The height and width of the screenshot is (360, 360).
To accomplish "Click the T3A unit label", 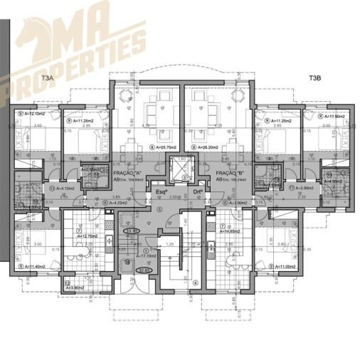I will [x=48, y=78].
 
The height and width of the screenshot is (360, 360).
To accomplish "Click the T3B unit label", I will [x=316, y=78].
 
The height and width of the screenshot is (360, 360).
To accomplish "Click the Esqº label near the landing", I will [x=162, y=191].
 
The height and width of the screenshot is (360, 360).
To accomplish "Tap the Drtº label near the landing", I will [x=198, y=191].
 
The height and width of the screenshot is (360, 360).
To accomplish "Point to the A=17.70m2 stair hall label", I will [x=154, y=256].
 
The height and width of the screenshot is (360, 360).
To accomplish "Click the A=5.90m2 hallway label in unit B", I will [x=302, y=188].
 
